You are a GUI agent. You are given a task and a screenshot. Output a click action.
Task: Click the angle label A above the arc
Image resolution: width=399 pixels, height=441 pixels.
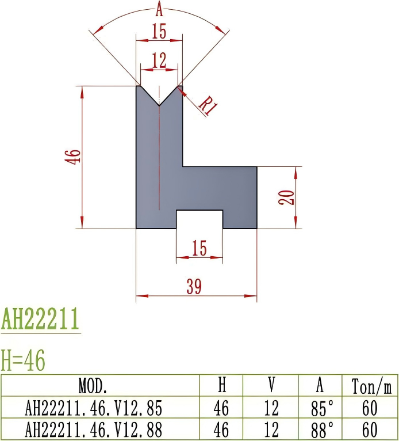(159, 9)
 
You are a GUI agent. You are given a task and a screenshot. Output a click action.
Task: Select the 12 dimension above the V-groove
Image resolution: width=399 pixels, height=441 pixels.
(159, 59)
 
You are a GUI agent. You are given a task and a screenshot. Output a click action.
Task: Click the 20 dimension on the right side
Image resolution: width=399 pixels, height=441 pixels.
(289, 197)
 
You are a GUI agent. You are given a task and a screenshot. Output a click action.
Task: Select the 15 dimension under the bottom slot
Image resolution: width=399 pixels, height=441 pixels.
(199, 248)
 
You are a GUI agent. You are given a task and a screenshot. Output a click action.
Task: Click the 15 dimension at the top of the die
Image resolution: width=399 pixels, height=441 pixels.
(159, 32)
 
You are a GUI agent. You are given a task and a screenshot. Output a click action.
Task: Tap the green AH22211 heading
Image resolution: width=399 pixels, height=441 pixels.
(40, 318)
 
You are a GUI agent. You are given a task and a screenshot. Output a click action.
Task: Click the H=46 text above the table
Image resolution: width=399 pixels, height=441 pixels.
(24, 361)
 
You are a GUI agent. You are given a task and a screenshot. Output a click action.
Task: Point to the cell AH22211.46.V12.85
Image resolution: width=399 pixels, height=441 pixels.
(94, 408)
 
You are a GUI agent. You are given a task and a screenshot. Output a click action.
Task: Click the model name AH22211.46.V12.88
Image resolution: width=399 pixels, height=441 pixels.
(94, 429)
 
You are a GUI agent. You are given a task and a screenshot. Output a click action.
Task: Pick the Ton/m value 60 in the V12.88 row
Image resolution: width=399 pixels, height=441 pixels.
(370, 429)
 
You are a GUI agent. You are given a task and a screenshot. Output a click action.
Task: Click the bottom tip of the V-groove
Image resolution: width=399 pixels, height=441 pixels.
(159, 106)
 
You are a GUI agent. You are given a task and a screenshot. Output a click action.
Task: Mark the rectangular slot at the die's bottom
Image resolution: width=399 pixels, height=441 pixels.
(199, 219)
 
